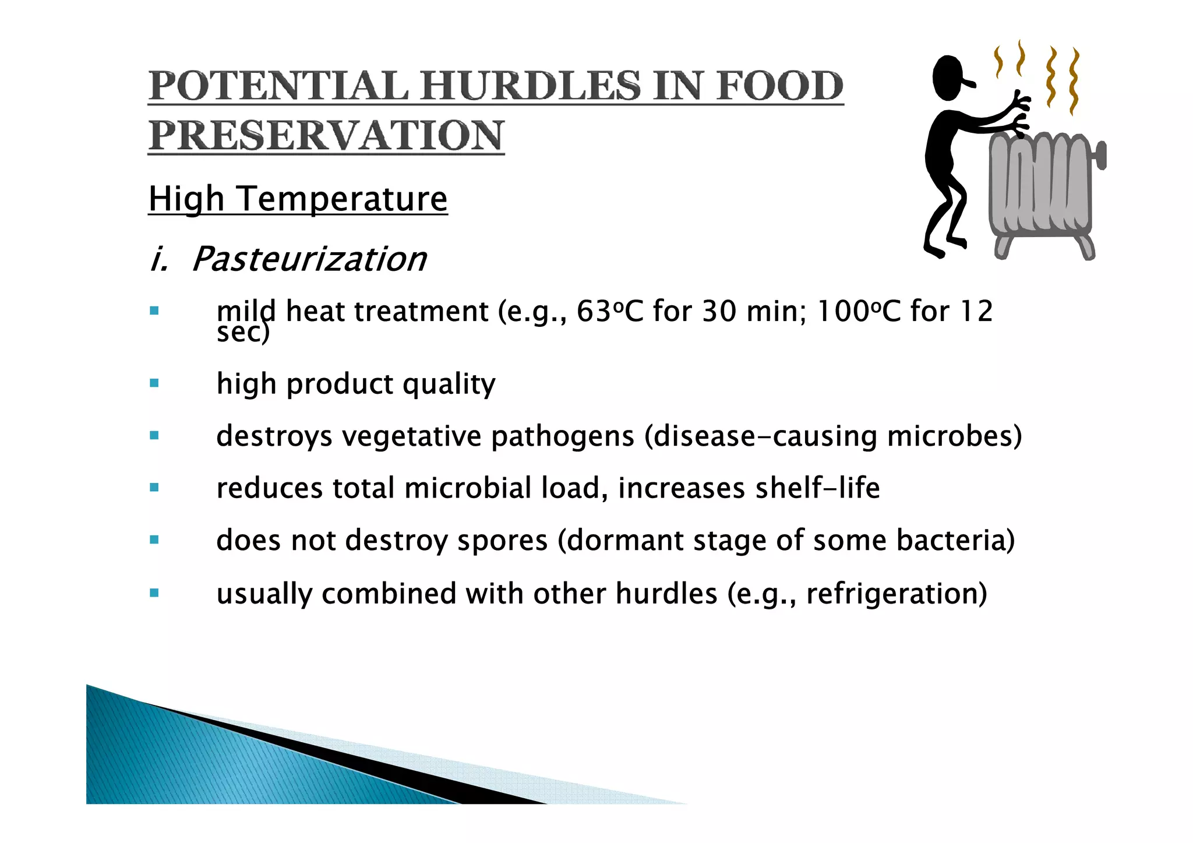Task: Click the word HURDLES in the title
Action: pos(530,86)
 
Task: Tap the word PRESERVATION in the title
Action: pos(326,136)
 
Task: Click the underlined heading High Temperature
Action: pos(298,199)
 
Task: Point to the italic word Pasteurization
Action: pos(309,259)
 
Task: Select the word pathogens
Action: pos(562,436)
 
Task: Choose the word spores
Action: pos(502,541)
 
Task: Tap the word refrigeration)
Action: pos(896,594)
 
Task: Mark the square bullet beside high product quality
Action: pos(154,383)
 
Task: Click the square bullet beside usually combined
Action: pos(154,593)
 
